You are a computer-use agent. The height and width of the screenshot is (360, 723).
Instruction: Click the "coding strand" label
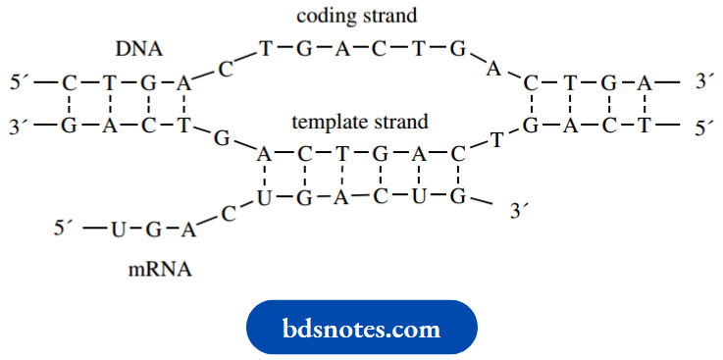click(x=360, y=17)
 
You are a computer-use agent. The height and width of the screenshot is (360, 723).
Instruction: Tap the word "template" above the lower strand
click(x=326, y=123)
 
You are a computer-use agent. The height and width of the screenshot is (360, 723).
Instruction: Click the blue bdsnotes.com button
click(x=361, y=329)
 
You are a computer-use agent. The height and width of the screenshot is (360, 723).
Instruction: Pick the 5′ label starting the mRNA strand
click(x=64, y=230)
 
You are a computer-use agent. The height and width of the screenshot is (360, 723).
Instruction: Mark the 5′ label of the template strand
click(x=704, y=126)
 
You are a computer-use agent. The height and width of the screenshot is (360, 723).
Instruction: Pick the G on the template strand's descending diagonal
click(x=222, y=138)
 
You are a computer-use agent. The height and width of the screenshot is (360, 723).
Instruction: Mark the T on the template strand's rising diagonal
click(x=496, y=139)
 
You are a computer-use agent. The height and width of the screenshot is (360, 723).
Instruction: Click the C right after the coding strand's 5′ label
click(x=69, y=84)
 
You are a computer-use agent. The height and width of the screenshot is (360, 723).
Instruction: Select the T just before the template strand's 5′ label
click(x=644, y=126)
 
